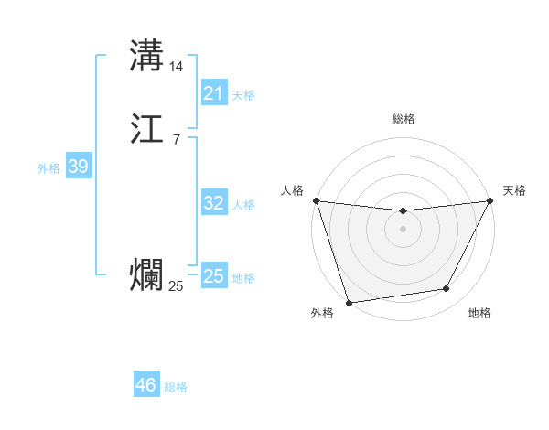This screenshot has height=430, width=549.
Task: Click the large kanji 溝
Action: coord(146,55)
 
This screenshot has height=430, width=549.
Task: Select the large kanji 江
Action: coord(146,130)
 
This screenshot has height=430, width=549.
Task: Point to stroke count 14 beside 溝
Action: coord(177,67)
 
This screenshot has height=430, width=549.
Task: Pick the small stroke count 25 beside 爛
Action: coord(176,286)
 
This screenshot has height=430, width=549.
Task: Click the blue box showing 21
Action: coord(213,93)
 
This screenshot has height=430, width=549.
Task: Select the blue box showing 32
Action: coord(213,203)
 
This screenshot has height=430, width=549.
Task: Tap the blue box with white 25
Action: coord(213,276)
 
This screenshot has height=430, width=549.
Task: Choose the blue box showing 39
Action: coord(78,167)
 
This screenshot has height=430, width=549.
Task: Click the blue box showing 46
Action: coord(146,385)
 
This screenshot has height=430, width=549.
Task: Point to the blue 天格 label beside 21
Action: coord(243,95)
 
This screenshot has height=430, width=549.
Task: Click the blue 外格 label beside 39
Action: coord(48,168)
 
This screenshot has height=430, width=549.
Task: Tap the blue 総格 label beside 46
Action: coord(176,387)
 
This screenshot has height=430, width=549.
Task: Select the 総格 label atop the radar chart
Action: coord(403,119)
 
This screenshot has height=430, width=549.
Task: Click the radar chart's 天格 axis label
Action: coord(514,190)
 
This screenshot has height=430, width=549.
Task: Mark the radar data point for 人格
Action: coord(316,200)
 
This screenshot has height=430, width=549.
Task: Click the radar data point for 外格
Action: coord(349,302)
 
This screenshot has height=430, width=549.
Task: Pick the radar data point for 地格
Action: coord(447,289)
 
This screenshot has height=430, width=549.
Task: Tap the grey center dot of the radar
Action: coord(403,229)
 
